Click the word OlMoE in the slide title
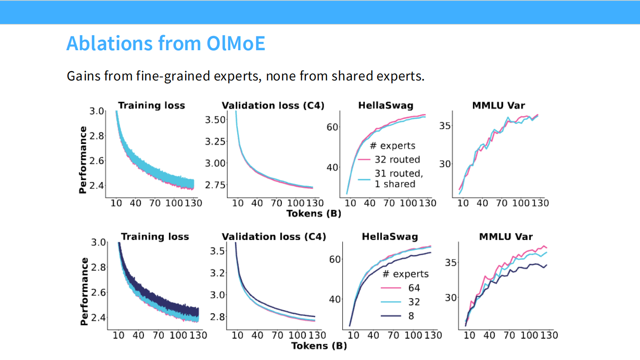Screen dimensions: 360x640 tap(236, 44)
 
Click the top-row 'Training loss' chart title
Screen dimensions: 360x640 tap(151, 105)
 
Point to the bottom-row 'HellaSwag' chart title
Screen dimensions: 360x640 tap(390, 236)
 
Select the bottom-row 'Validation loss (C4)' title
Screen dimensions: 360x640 tap(274, 236)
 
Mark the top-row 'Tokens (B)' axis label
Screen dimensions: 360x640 tap(314, 214)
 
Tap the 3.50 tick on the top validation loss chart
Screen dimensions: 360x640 tap(216, 120)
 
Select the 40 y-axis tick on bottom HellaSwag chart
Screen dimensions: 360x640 tap(335, 299)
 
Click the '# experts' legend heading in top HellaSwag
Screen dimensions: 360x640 tap(392, 145)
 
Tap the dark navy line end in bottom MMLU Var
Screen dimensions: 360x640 tap(546, 265)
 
